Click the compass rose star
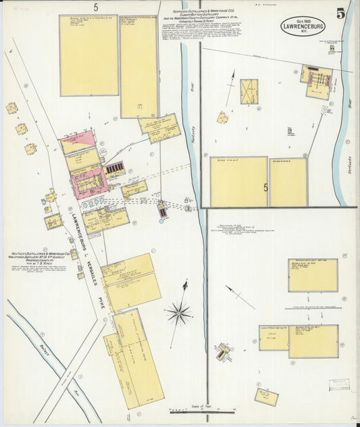pos(179,311)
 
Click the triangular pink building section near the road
pos(76,142)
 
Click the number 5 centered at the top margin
pos(96,7)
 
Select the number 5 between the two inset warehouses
pos(265,189)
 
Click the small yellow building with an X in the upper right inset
pos(249,88)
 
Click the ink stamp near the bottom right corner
pos(338,384)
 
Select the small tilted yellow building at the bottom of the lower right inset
pos(265,397)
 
